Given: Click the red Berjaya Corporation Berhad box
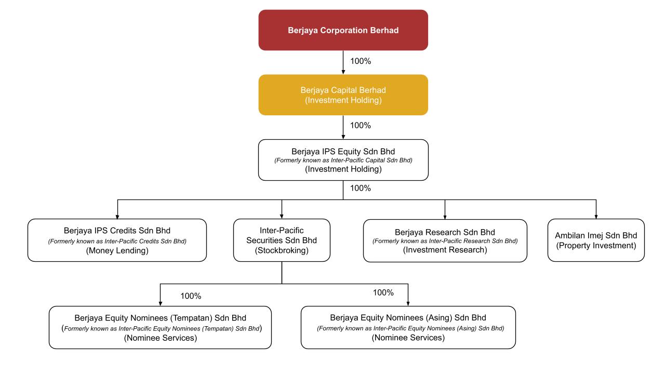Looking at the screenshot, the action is click(x=343, y=30).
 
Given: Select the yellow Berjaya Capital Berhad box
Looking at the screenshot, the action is click(x=343, y=95).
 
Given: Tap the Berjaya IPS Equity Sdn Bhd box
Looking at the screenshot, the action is click(x=343, y=160).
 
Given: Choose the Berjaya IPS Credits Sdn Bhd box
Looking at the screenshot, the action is click(x=117, y=240).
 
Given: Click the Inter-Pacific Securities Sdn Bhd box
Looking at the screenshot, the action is click(x=282, y=240).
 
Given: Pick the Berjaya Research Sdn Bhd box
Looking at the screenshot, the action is click(x=445, y=241).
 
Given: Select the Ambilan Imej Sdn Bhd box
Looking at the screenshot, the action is click(x=596, y=240).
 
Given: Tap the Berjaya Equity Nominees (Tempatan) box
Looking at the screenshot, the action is click(x=161, y=327).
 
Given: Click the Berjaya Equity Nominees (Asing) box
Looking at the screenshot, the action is click(x=408, y=327).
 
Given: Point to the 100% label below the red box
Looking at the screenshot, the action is click(x=361, y=61).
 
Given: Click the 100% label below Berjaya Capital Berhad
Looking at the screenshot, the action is click(x=361, y=125).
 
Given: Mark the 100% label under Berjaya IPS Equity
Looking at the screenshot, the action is click(x=361, y=188).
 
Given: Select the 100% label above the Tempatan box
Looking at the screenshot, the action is click(x=191, y=296).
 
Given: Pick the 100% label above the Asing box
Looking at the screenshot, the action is click(x=383, y=292).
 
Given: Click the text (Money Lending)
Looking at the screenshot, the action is click(x=117, y=251).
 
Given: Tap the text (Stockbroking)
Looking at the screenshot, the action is click(x=282, y=250).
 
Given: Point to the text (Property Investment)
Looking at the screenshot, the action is click(x=596, y=246).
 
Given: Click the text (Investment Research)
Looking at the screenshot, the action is click(x=445, y=250).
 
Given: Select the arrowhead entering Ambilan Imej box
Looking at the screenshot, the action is click(x=596, y=217).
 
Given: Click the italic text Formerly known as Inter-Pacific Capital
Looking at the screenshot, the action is click(x=343, y=161).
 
